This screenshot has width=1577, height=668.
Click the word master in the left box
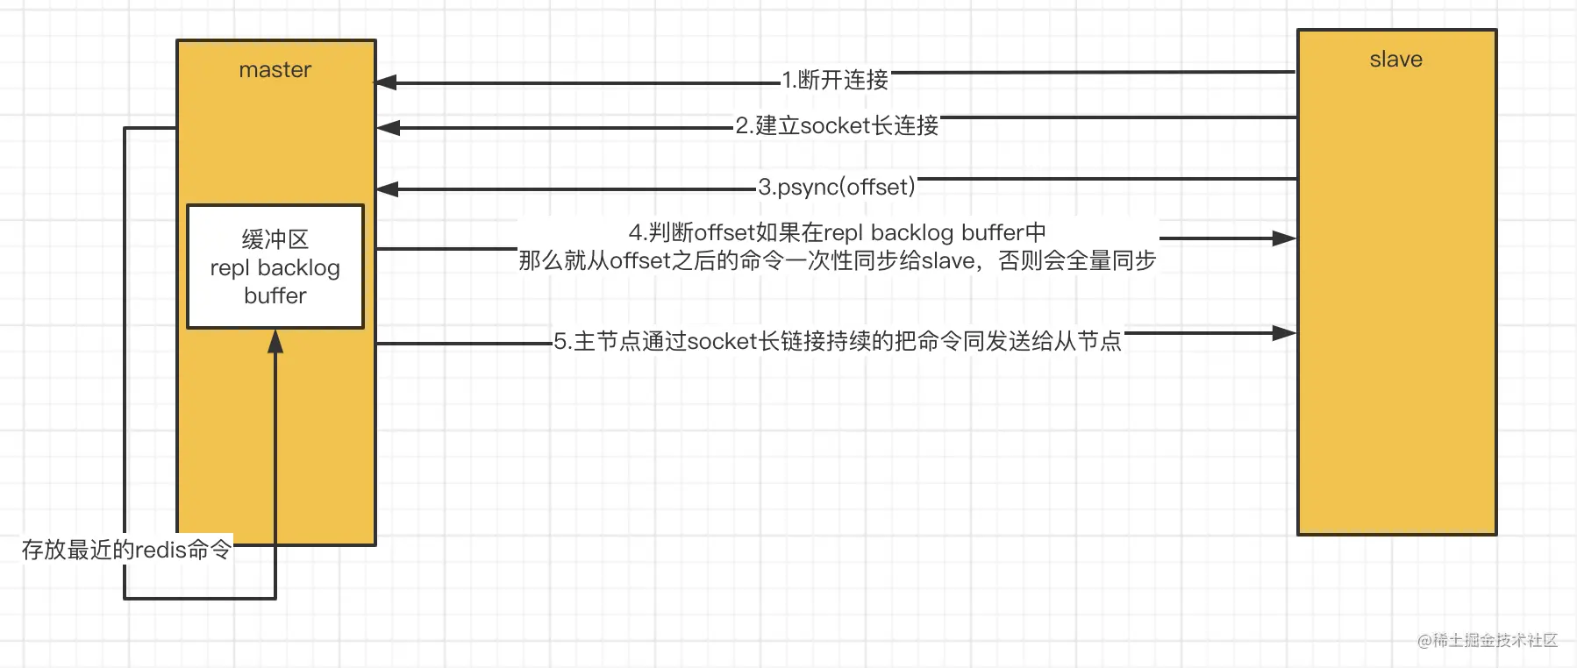point(275,70)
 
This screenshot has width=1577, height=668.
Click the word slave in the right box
point(1395,60)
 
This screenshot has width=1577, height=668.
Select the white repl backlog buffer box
point(275,266)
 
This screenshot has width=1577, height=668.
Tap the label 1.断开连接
point(835,80)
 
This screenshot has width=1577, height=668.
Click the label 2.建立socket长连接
point(837,125)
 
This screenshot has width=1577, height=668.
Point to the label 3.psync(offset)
point(837,187)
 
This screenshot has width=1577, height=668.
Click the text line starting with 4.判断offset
point(837,232)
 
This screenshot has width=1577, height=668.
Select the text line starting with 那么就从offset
point(837,260)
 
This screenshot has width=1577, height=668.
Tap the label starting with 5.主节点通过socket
point(838,341)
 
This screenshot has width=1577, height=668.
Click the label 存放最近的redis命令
point(126,550)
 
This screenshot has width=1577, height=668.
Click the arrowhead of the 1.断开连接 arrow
point(387,82)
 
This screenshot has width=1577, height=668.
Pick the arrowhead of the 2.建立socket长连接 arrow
point(387,128)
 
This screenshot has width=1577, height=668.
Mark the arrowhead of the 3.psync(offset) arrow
point(387,188)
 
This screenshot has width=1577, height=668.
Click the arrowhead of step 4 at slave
point(1285,238)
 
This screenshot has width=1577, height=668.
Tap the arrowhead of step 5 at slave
point(1285,333)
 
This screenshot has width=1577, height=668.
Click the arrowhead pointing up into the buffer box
point(275,341)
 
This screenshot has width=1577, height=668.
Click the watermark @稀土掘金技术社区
point(1488,640)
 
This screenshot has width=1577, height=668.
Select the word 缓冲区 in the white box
point(275,239)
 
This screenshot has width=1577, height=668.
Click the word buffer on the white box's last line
point(275,295)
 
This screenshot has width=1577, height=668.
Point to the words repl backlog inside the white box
point(275,267)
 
